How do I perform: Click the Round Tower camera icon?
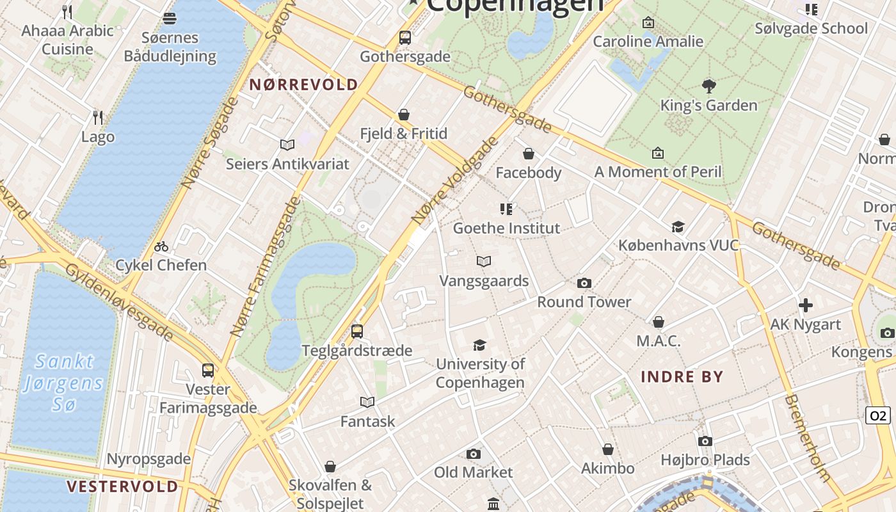click(x=584, y=283)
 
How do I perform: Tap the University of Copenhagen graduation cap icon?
click(x=479, y=346)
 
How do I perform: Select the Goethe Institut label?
click(x=506, y=228)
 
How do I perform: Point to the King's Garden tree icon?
click(x=708, y=86)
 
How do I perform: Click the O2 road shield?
click(x=877, y=415)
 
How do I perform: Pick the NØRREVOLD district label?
click(x=303, y=84)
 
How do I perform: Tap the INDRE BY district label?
click(x=682, y=376)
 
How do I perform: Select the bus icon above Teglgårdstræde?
click(x=357, y=332)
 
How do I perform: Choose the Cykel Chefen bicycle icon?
click(x=161, y=246)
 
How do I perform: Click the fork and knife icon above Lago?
click(x=98, y=117)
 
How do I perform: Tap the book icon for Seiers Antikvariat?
click(x=287, y=145)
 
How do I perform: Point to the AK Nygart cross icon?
click(x=806, y=305)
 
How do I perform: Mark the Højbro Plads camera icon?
click(x=705, y=441)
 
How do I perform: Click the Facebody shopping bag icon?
click(x=529, y=154)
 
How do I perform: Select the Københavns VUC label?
click(x=678, y=245)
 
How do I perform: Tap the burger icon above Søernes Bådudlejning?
click(x=170, y=19)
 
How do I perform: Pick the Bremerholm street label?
click(x=808, y=438)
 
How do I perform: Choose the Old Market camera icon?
click(x=474, y=454)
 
